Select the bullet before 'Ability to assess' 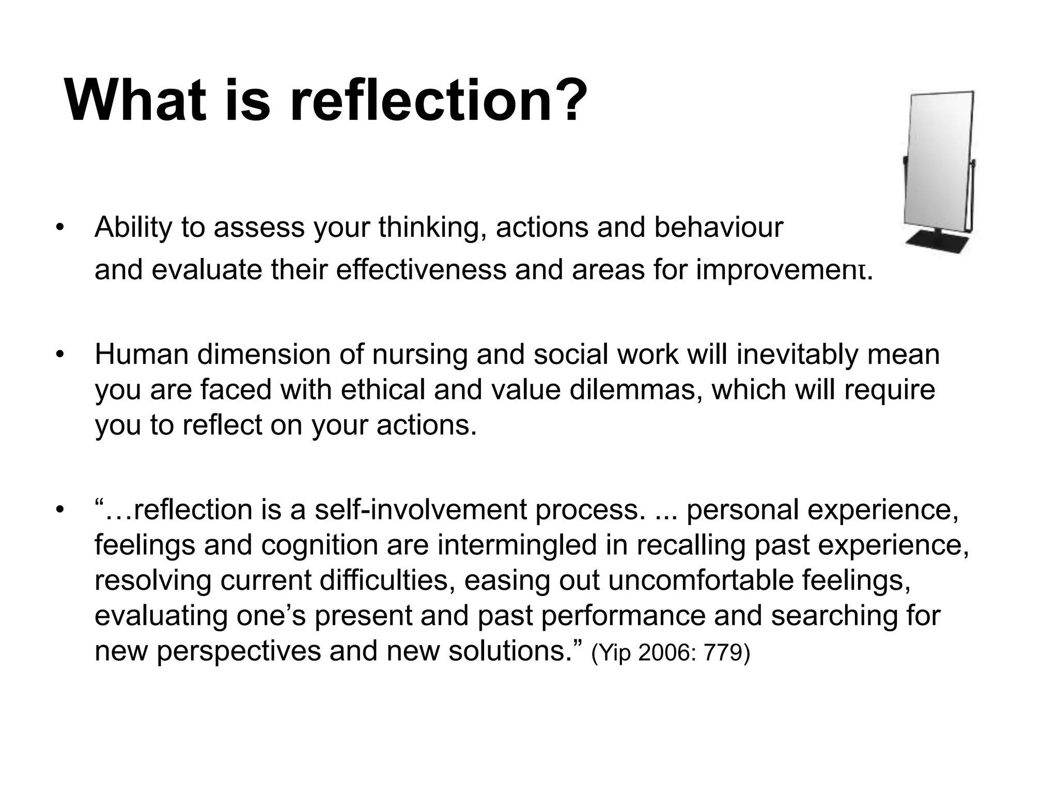[x=60, y=228]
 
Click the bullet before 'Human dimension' [x=60, y=355]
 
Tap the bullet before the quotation [x=60, y=510]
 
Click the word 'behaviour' [x=719, y=227]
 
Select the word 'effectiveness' [x=421, y=270]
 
